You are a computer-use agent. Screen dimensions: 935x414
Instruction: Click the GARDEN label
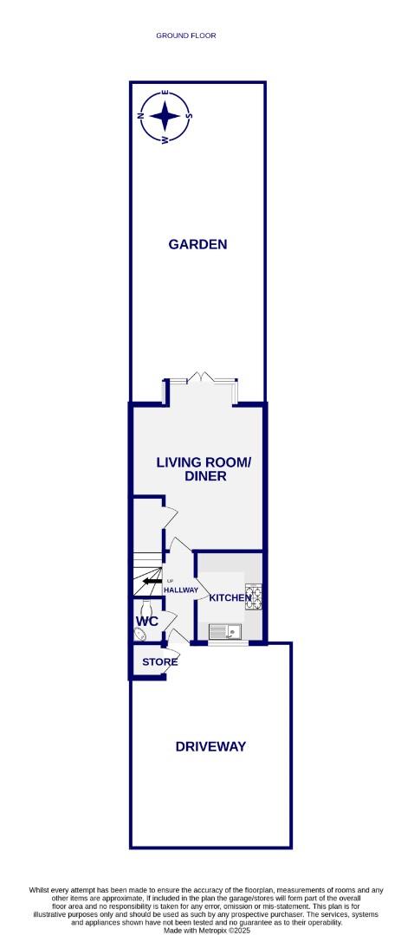(197, 244)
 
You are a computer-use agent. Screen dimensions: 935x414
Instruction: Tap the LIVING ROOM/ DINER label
(204, 469)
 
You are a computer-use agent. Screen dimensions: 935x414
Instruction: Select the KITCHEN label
(230, 598)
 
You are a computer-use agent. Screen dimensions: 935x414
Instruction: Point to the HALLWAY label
(179, 590)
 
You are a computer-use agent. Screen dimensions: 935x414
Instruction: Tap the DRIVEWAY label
(210, 746)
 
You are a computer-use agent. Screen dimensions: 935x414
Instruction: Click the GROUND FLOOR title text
(185, 35)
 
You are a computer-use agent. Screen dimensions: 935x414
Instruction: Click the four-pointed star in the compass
(165, 117)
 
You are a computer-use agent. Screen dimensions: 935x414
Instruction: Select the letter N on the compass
(142, 117)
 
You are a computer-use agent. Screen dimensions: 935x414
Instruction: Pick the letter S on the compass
(189, 117)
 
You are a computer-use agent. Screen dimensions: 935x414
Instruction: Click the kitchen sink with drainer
(227, 630)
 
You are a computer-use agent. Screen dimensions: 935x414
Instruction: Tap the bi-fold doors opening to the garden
(202, 378)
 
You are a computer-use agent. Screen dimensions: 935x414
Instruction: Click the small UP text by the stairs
(170, 580)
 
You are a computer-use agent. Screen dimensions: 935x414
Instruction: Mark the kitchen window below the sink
(228, 644)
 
